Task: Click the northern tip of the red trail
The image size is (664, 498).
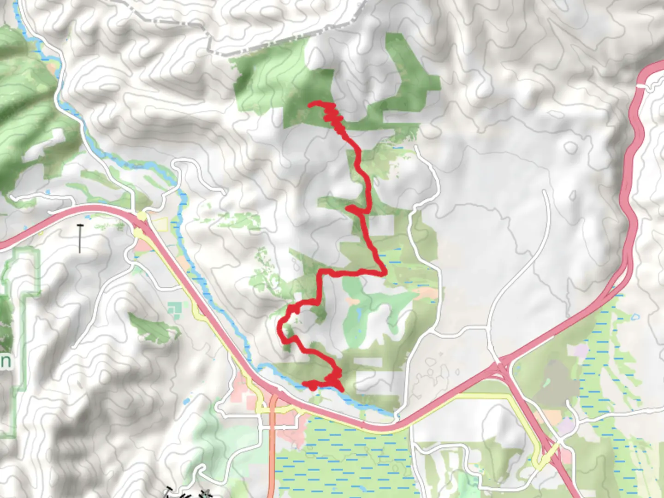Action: coord(309,104)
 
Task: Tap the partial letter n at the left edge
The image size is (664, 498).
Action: coord(5,361)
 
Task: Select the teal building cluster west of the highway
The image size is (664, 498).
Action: coord(175,309)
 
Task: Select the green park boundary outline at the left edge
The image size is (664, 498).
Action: coord(21,323)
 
